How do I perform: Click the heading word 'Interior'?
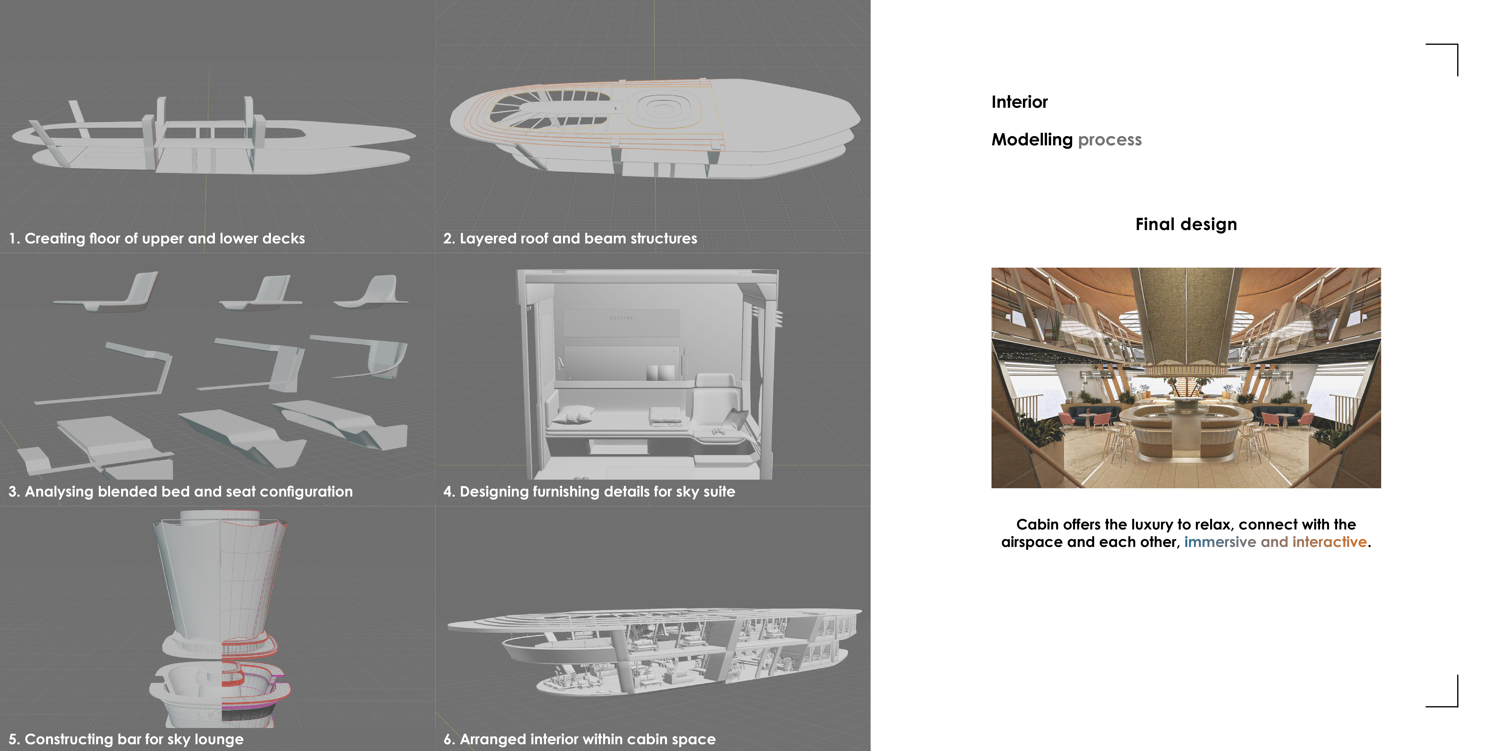[1019, 102]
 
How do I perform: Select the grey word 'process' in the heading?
[1110, 140]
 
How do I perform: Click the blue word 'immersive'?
[1220, 542]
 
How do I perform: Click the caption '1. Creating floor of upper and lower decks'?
[156, 238]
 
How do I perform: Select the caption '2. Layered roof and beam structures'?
[570, 238]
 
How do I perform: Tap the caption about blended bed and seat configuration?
[180, 491]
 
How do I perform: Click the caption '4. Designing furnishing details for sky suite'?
[589, 491]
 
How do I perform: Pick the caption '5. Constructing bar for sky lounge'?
[126, 739]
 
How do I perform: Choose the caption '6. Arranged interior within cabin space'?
[579, 739]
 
